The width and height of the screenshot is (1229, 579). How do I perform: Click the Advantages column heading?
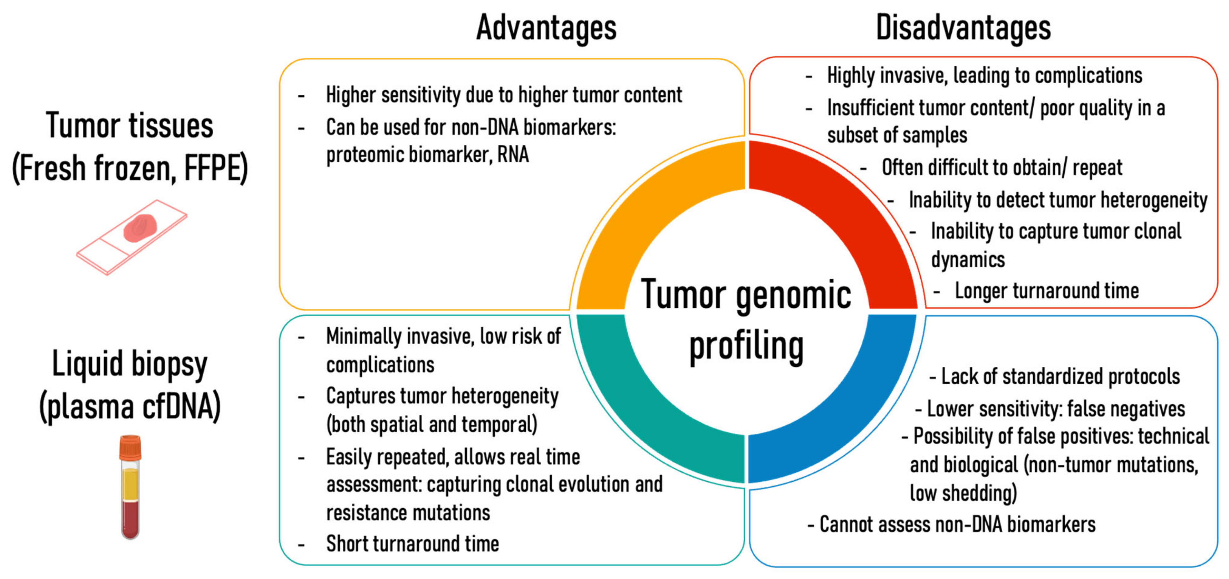[x=546, y=28]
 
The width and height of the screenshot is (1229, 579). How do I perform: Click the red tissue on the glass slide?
[x=140, y=228]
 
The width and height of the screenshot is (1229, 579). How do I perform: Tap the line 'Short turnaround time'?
[x=412, y=544]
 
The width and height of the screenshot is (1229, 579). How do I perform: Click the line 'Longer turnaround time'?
[x=1046, y=290]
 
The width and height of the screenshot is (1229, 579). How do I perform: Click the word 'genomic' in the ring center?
[x=793, y=296]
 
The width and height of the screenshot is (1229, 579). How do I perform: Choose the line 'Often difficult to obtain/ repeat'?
[x=1002, y=167]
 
